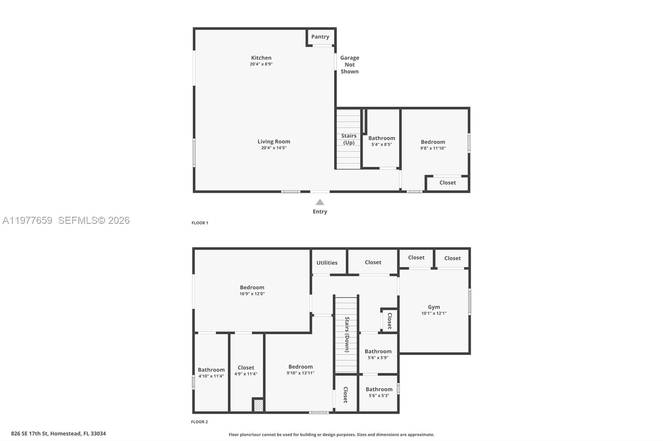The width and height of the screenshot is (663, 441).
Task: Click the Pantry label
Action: tap(320, 37)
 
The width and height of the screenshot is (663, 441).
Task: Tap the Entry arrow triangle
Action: tap(320, 202)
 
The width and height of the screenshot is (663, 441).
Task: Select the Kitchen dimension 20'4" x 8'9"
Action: tap(261, 64)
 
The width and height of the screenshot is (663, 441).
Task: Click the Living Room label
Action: tap(273, 141)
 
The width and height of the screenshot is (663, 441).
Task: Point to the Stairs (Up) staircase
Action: tap(348, 139)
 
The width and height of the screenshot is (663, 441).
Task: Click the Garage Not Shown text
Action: tap(349, 65)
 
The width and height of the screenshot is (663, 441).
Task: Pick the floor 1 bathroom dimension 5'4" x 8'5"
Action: tap(381, 144)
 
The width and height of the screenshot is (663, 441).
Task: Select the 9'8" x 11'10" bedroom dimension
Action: tap(433, 148)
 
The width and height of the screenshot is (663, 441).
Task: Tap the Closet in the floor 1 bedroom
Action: tap(447, 182)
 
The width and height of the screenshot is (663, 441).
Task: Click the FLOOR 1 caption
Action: tap(200, 223)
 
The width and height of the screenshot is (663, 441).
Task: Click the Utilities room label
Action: tap(327, 263)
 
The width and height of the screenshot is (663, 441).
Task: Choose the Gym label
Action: tap(434, 307)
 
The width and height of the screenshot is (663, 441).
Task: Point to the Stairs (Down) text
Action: tap(347, 334)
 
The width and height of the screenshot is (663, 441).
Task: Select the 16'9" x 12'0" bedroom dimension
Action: tap(252, 294)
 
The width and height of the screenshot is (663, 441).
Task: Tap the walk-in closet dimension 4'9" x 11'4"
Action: tap(246, 374)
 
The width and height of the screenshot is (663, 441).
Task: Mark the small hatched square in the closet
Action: tap(258, 405)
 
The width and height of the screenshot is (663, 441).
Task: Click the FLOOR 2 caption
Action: tap(199, 422)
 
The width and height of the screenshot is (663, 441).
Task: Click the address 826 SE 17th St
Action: tap(58, 434)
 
